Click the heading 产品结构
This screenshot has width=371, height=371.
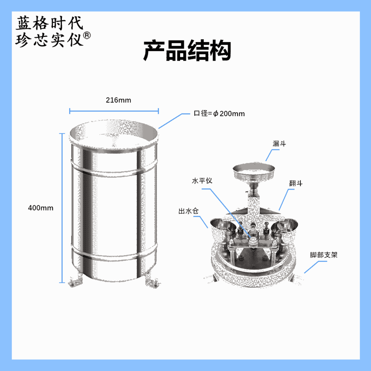pos(187,50)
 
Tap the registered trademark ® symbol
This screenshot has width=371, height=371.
pos(87,35)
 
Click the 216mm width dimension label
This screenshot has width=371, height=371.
pos(118,100)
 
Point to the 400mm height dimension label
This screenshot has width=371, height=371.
pos(41,208)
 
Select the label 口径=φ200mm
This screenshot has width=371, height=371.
pos(219,114)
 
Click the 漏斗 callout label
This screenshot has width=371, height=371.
pos(279,143)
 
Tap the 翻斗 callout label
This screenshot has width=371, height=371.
pos(296,183)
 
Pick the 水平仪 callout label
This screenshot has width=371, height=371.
pos(202,181)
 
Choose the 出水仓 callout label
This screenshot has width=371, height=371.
pos(188,211)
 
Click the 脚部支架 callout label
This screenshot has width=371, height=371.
pos(324,255)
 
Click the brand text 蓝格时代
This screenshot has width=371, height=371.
pos(49,23)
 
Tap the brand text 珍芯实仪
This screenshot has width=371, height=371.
pos(49,40)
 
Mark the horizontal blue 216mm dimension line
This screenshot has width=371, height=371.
pos(114,111)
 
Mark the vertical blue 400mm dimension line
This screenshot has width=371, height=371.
pos(62,208)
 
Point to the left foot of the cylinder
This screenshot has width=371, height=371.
pos(75,281)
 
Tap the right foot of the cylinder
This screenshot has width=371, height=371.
pos(152,281)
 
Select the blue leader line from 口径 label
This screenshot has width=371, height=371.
pos(174,121)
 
